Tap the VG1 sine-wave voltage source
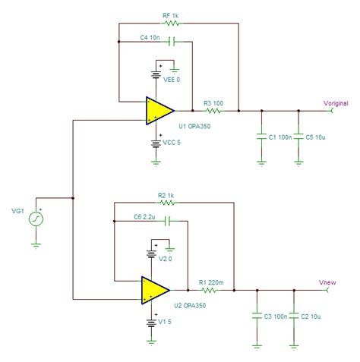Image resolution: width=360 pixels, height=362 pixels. [36, 219]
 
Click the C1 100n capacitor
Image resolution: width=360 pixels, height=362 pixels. [261, 137]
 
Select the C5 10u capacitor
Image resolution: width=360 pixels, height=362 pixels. [299, 137]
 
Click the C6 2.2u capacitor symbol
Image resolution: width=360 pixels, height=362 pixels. [167, 221]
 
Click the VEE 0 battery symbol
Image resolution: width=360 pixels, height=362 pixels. [159, 74]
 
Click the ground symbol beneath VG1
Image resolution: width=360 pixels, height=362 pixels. [36, 244]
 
